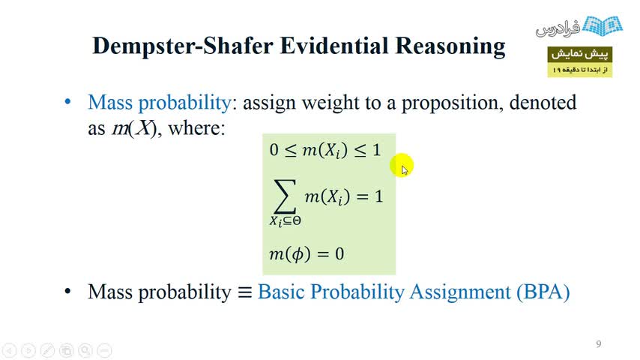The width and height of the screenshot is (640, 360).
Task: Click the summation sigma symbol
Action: click(x=285, y=196)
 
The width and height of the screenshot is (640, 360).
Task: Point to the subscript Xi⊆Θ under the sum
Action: click(x=285, y=221)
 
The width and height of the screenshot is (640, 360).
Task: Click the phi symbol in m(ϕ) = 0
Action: click(x=298, y=254)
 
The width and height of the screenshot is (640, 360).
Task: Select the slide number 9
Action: click(x=598, y=344)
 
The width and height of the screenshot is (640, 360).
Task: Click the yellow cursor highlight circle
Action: click(x=402, y=166)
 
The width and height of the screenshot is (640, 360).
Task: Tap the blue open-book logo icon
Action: click(x=602, y=25)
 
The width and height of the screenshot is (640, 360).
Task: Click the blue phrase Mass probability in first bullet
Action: click(x=160, y=103)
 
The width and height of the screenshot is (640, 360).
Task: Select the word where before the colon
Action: click(x=194, y=128)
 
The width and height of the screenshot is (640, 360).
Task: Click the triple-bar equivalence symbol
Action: click(x=245, y=292)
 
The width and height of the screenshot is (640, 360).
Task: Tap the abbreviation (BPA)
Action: click(x=543, y=292)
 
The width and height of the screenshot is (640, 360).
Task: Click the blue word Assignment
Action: click(x=460, y=293)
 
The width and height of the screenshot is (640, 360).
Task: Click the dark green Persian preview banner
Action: click(x=579, y=54)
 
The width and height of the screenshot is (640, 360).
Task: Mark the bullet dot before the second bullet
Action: click(x=67, y=291)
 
